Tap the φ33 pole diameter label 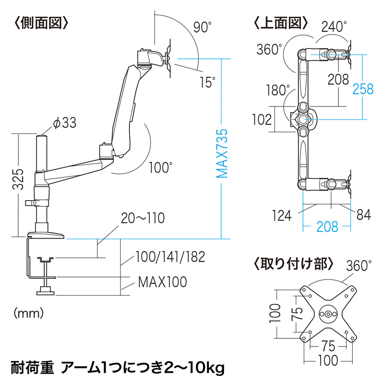pos(65,123)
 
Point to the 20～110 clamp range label pos(143,218)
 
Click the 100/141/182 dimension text pos(170,256)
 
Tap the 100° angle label pos(160,168)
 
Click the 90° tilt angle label pos(202,27)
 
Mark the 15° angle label pos(207,83)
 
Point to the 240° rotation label pos(335,27)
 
